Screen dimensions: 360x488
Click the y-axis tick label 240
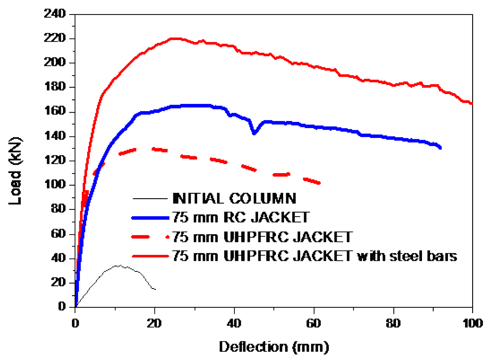click(55, 13)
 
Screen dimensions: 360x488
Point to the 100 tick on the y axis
click(55, 184)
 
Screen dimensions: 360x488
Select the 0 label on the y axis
click(62, 306)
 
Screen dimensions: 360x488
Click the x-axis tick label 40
click(234, 323)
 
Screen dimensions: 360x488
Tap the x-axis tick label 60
click(314, 323)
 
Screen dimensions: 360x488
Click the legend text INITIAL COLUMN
click(234, 199)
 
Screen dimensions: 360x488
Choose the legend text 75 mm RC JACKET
click(241, 217)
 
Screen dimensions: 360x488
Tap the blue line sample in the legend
click(150, 218)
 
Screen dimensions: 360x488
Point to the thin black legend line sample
click(150, 199)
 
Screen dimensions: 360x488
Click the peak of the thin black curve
click(119, 265)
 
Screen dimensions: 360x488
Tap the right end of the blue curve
click(440, 147)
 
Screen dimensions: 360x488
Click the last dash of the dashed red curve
click(312, 181)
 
